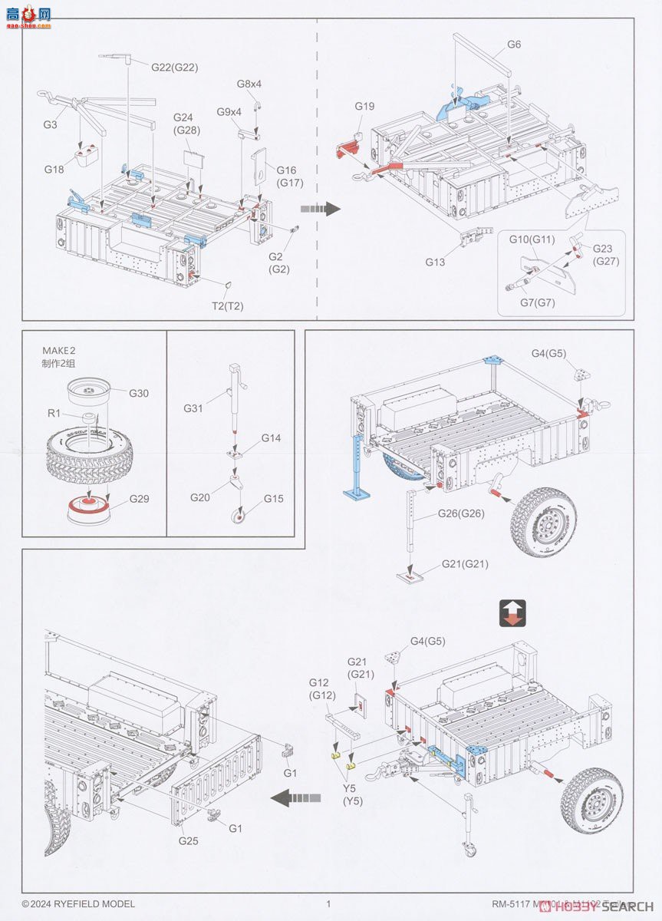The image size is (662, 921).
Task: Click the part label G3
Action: (51, 125)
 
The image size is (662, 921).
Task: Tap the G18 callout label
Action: (54, 170)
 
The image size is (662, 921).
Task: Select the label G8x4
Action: (249, 84)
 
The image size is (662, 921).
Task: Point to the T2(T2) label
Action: (228, 306)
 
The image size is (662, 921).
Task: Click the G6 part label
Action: (514, 45)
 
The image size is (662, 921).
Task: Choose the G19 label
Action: (364, 107)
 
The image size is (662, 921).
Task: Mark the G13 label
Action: (435, 262)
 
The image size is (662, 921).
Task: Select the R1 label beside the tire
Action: (54, 413)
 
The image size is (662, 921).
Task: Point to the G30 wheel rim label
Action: (139, 393)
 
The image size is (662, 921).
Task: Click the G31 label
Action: (193, 408)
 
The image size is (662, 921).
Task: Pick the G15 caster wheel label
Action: (274, 499)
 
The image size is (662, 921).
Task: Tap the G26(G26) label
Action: (461, 513)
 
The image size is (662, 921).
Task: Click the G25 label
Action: (189, 841)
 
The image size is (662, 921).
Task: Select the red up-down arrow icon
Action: (512, 612)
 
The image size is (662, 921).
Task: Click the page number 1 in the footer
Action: (328, 904)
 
